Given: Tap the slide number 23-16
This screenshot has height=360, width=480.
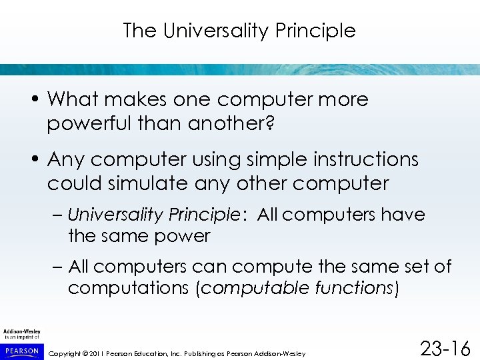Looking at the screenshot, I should tap(445, 348).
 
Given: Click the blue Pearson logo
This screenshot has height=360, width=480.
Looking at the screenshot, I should tap(21, 349).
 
